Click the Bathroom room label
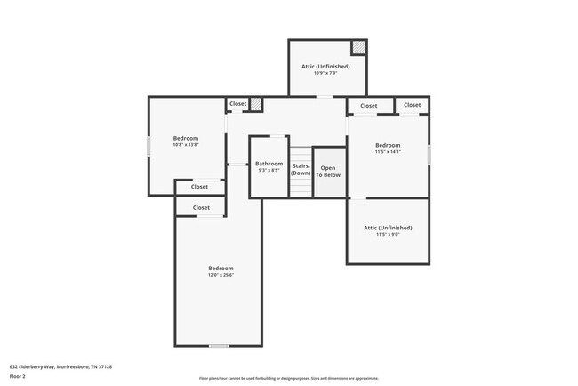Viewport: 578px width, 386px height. point(269,164)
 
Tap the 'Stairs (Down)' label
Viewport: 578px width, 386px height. point(301,169)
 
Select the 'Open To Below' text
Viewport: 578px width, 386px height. point(329,171)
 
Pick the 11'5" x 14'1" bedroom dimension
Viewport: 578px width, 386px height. point(388,152)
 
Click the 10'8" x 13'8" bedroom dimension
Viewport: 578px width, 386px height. point(185,145)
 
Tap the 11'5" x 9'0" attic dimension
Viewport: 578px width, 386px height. point(388,235)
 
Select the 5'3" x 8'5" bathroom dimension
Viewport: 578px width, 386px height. point(269,170)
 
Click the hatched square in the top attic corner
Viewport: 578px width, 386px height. point(359,47)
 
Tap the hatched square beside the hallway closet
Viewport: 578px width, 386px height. point(256,104)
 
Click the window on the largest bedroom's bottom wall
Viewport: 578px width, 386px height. point(219,345)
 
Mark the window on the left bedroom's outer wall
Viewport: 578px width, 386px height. point(149,147)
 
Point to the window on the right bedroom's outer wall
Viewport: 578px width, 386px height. point(429,154)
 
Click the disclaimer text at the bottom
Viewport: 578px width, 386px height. point(288,378)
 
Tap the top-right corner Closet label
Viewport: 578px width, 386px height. point(412,105)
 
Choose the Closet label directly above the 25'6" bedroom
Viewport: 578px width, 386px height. point(200,207)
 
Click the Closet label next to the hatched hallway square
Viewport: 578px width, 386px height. point(237,104)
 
